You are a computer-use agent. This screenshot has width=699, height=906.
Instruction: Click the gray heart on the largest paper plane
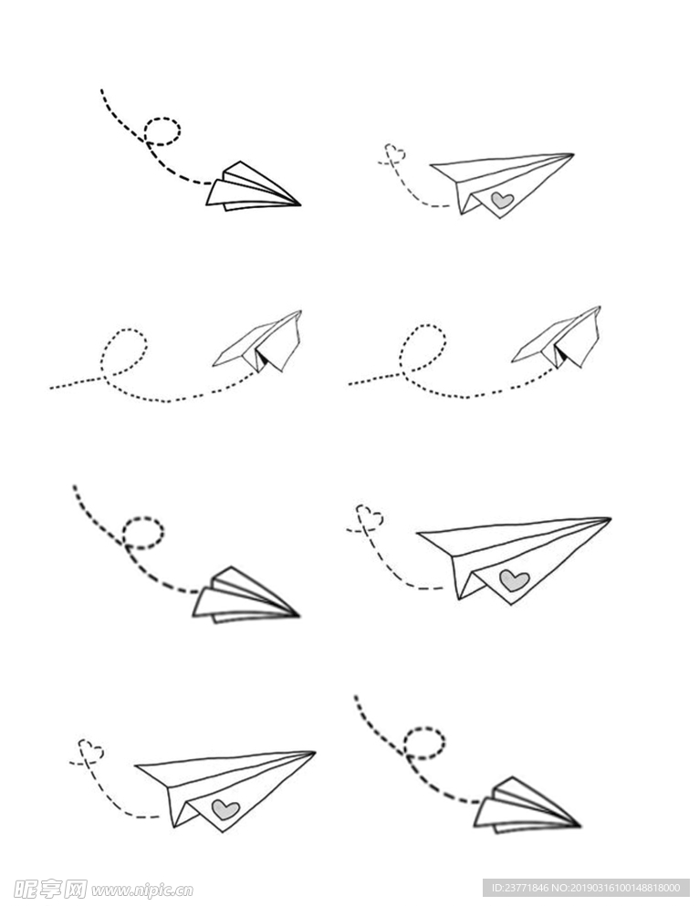tap(514, 579)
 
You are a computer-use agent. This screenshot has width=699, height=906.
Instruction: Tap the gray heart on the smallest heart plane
tap(502, 200)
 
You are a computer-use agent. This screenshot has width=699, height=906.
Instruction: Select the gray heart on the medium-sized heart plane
tap(225, 809)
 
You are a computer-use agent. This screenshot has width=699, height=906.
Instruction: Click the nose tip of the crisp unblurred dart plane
tap(300, 204)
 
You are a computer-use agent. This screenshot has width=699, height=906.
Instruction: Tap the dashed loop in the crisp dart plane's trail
tap(162, 131)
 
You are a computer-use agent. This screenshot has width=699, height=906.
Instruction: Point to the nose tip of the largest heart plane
tap(610, 519)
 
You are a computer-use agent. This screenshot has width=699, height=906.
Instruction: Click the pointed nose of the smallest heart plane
tap(573, 154)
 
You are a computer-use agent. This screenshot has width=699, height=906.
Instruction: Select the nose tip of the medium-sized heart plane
tap(315, 753)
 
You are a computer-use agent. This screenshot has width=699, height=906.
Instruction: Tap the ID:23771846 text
tap(518, 888)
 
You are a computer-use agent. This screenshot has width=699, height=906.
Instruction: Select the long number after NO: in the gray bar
tap(625, 888)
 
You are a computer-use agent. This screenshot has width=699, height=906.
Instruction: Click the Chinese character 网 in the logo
tap(75, 888)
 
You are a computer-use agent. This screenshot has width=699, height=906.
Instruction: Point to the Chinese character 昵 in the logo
tap(26, 888)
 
